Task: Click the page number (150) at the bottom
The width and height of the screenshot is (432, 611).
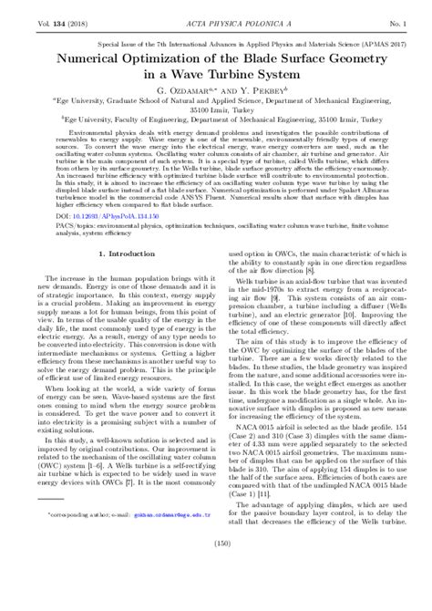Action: coord(215,595)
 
